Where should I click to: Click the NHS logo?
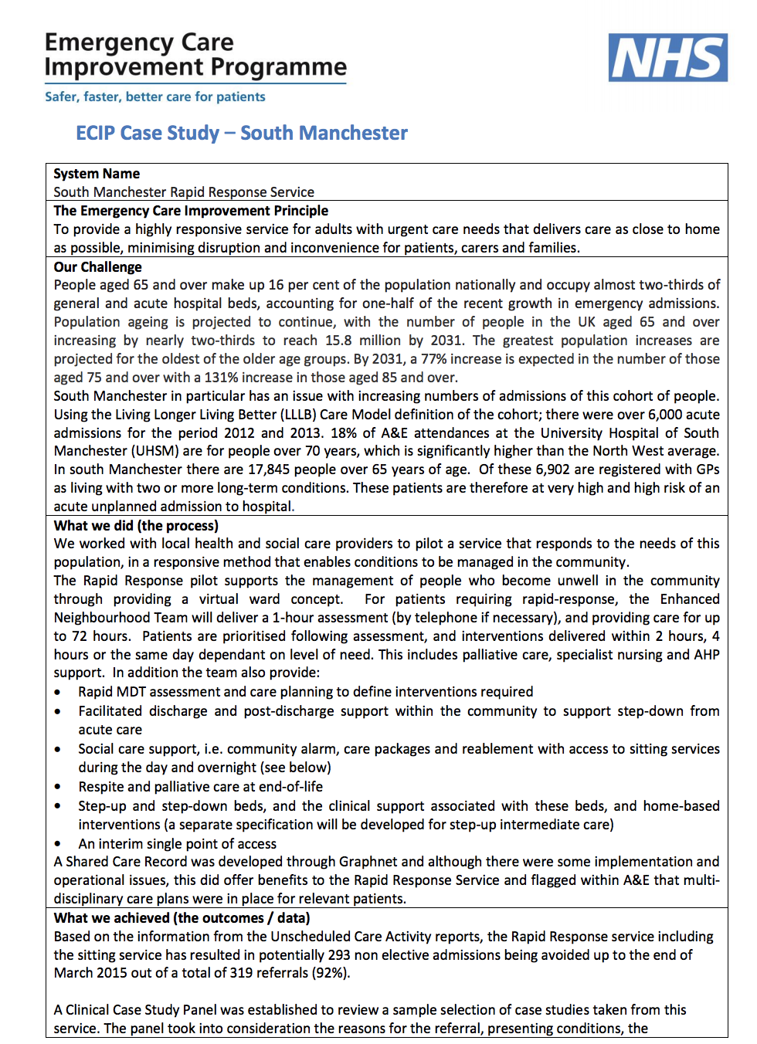click(667, 57)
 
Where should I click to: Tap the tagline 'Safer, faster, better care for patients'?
click(155, 97)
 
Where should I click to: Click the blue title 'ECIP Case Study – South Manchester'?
click(241, 133)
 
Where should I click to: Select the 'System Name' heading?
click(97, 174)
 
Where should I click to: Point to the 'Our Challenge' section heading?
click(97, 267)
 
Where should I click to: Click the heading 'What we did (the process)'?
click(136, 526)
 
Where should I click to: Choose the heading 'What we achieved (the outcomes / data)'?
click(182, 918)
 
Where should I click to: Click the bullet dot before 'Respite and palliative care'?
click(58, 787)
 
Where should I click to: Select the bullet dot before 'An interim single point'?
click(58, 844)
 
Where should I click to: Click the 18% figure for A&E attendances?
click(346, 433)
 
